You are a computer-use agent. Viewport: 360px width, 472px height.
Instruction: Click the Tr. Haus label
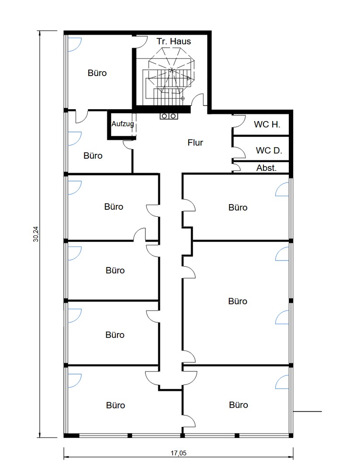(174, 41)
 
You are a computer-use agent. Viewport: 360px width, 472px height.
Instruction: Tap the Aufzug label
(122, 124)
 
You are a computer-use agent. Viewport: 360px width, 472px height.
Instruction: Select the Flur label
(195, 142)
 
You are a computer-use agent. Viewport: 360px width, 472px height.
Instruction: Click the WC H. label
(267, 124)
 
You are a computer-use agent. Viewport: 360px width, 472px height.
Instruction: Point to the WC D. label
(269, 150)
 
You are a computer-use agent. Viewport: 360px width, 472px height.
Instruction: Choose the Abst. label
(267, 168)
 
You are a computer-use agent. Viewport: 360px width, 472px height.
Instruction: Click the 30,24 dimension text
(36, 234)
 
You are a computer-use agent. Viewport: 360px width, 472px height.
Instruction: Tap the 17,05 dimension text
(179, 453)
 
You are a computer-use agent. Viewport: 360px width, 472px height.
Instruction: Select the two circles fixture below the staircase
(169, 116)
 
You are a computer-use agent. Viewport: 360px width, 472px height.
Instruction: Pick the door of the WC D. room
(239, 150)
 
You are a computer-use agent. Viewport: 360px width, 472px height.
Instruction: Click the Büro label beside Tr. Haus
(97, 73)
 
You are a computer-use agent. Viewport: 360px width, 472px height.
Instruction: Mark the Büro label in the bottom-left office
(116, 405)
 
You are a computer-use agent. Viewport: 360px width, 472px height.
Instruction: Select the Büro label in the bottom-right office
(239, 405)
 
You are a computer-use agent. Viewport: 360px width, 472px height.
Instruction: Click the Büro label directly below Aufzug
(93, 156)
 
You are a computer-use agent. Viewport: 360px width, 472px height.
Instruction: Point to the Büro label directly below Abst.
(238, 208)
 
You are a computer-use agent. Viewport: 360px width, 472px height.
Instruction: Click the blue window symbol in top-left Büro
(74, 44)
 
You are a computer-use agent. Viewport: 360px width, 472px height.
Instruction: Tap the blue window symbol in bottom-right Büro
(282, 382)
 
